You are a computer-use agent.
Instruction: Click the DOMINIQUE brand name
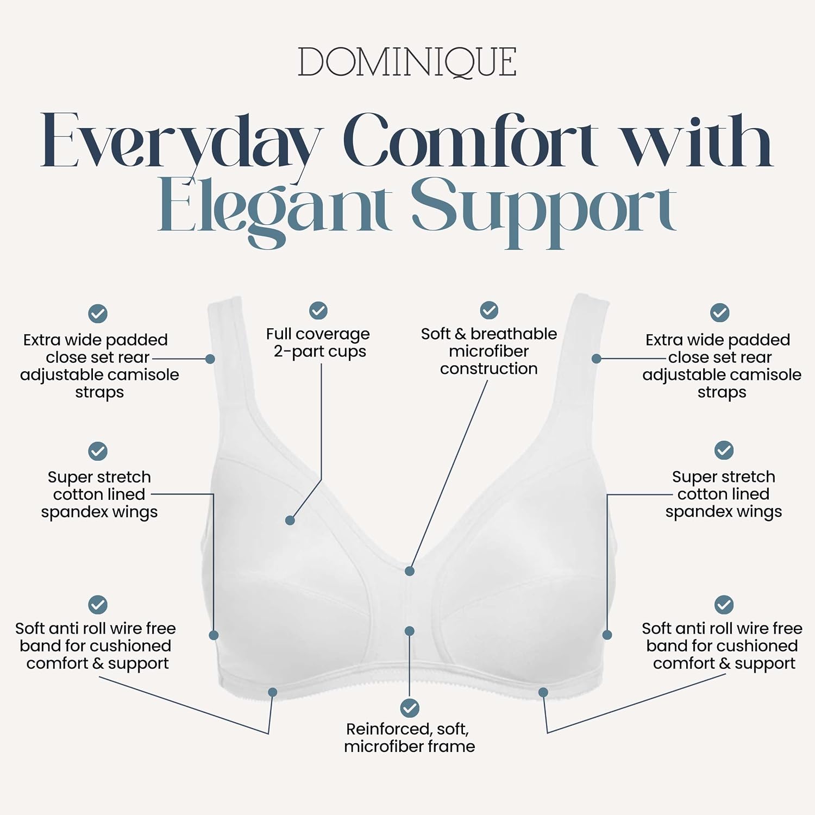(407, 62)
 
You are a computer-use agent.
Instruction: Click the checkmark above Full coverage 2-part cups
(318, 311)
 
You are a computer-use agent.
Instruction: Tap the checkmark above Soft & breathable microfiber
(489, 310)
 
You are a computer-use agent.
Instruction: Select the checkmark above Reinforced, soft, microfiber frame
(410, 708)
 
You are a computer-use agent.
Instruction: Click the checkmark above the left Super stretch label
(98, 451)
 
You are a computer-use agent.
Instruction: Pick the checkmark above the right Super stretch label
(724, 450)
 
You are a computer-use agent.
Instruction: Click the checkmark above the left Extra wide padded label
(98, 314)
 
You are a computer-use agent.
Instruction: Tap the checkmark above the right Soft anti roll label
(724, 605)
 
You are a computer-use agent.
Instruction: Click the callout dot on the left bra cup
(290, 521)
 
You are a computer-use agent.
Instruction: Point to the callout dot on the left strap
(210, 359)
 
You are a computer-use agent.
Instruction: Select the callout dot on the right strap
(596, 359)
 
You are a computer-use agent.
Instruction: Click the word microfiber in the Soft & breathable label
(489, 351)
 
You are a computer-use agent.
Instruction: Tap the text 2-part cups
(320, 352)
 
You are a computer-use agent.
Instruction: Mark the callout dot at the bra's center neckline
(410, 571)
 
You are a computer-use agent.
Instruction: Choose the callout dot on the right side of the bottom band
(543, 692)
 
